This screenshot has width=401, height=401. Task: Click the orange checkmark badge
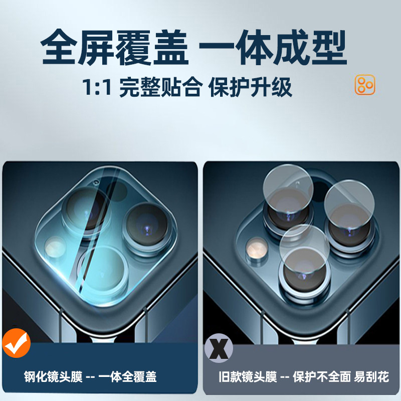(17, 342)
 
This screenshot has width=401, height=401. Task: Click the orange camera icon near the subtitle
(365, 85)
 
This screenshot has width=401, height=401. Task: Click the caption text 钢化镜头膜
(53, 377)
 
